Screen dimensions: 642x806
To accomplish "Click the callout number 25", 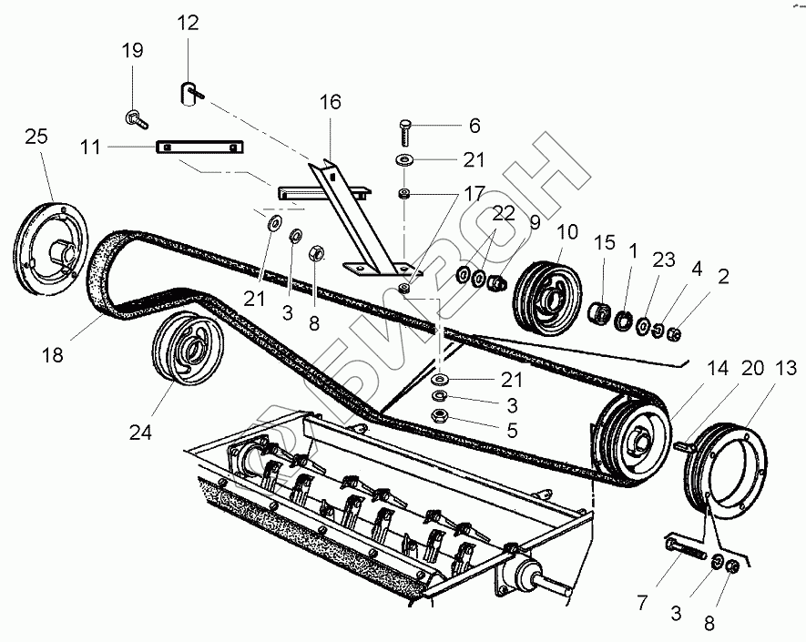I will [x=36, y=137].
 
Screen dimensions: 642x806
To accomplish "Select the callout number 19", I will [x=133, y=50].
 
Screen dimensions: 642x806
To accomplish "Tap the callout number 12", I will [x=188, y=24].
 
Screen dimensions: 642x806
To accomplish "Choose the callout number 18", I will [x=52, y=355].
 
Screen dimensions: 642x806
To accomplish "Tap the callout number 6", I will [x=474, y=126].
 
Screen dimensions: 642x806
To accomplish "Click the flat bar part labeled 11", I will [x=199, y=148].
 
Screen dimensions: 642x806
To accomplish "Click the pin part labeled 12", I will [x=189, y=92].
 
